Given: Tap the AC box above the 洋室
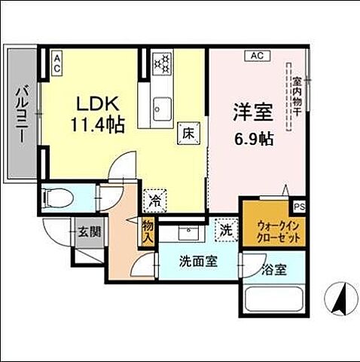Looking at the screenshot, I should click(256, 55).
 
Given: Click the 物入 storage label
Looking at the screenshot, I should click(148, 232).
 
